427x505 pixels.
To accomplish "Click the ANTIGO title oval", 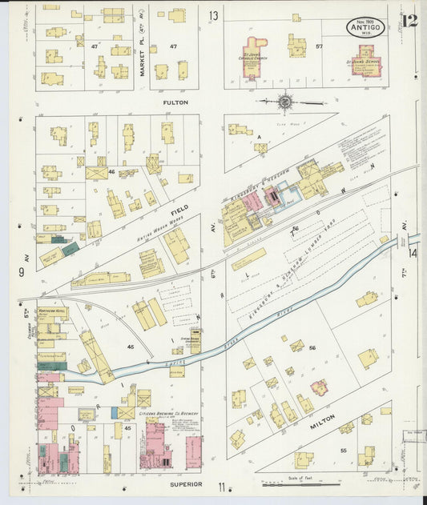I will click(365, 27).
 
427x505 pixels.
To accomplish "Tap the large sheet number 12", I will click(409, 21).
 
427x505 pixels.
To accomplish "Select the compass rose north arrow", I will click(286, 102).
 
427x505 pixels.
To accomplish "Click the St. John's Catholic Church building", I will click(256, 57).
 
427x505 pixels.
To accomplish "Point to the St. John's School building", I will click(365, 61).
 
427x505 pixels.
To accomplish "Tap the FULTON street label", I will click(175, 102).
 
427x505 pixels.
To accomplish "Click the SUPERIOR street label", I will click(187, 484).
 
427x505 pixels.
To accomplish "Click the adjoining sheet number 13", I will click(214, 15).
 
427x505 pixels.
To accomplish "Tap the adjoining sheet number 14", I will click(413, 253).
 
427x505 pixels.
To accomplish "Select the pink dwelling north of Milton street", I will click(319, 388).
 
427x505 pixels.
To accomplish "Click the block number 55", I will click(344, 451).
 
